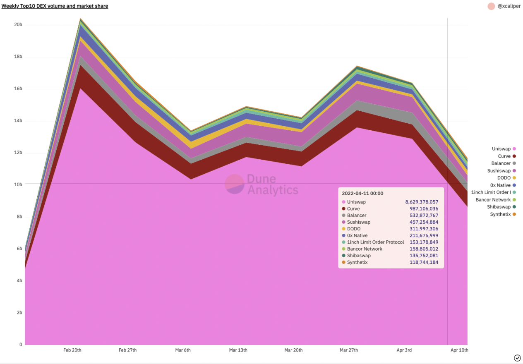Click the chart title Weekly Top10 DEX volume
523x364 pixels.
click(55, 6)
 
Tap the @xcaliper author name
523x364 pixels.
click(509, 6)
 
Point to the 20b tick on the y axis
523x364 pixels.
click(18, 25)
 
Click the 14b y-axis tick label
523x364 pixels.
click(18, 121)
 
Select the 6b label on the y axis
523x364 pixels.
click(19, 249)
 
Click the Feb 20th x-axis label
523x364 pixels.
click(72, 350)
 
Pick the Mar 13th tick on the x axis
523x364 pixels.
click(238, 350)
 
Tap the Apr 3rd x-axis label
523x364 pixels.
click(404, 350)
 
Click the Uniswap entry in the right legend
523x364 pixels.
click(501, 149)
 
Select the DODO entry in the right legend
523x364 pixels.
click(504, 178)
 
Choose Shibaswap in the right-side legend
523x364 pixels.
click(499, 207)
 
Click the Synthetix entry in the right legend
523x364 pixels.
click(500, 214)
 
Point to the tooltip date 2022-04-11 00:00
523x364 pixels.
click(362, 193)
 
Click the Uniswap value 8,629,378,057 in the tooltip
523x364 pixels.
click(421, 202)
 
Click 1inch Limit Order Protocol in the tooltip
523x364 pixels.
click(375, 242)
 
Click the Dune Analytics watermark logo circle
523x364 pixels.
click(235, 184)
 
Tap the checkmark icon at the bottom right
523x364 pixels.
click(517, 358)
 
